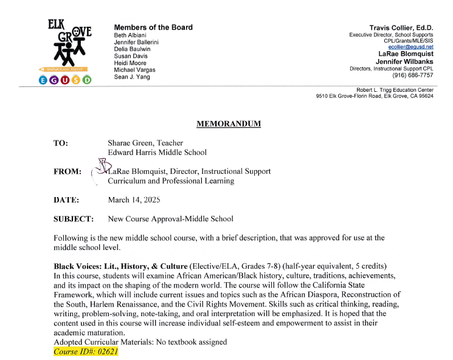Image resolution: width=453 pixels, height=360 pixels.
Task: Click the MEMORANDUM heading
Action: coord(228,124)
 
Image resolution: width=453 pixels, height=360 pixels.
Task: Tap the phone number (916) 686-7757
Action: coord(413,75)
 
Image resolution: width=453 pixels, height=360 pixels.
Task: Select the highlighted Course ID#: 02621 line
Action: coord(85,351)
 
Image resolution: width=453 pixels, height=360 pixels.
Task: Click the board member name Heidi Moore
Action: coord(131,64)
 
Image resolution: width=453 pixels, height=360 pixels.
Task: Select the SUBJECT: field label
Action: coord(74,218)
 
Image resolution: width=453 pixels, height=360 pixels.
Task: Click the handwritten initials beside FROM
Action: coord(99,167)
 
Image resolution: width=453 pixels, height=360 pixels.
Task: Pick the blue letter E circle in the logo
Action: coord(44,80)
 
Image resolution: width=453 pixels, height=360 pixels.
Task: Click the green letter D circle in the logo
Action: coord(87,80)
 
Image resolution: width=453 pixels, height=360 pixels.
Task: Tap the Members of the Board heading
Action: coord(153,27)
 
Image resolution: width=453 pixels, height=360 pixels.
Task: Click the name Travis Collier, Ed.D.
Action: coord(401,27)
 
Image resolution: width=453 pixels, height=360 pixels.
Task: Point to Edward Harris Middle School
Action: coord(157,152)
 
